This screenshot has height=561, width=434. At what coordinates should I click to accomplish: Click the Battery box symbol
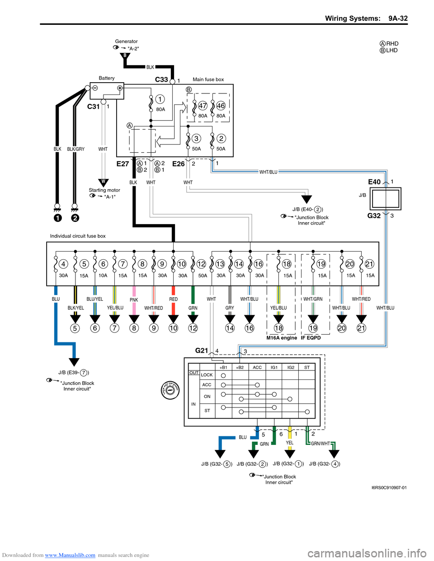pos(107,90)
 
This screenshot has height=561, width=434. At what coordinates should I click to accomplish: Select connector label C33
pos(161,79)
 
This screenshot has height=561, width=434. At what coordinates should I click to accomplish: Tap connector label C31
pos(93,107)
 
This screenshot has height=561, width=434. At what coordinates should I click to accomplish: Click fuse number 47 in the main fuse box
pos(203,106)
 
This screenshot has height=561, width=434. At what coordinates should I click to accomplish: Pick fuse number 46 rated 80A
pos(221,106)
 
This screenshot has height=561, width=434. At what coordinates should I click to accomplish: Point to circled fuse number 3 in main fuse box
pos(196,139)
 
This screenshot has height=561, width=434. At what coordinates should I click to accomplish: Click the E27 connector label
pos(123,164)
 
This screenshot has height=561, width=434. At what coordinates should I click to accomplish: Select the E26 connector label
pos(179,164)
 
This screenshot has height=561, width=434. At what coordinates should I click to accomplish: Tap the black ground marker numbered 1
pos(58,218)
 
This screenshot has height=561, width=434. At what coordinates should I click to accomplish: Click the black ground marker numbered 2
pos(75,218)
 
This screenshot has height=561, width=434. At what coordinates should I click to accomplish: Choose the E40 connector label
pos(374,182)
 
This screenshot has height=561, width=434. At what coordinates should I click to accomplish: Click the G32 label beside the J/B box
pos(374,216)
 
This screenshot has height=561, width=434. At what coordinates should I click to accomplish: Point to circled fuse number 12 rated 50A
pos(201,264)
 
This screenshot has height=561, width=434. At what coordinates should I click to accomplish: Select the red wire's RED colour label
pos(174,299)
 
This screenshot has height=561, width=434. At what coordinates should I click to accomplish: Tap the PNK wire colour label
pos(134,300)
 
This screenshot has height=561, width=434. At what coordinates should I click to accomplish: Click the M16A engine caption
pos(282,338)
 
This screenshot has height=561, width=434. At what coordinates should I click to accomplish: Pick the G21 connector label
pos(202,351)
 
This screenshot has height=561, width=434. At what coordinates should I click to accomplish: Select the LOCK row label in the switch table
pos(207,375)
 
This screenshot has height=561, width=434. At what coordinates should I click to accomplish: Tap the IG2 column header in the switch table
pos(291,367)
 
